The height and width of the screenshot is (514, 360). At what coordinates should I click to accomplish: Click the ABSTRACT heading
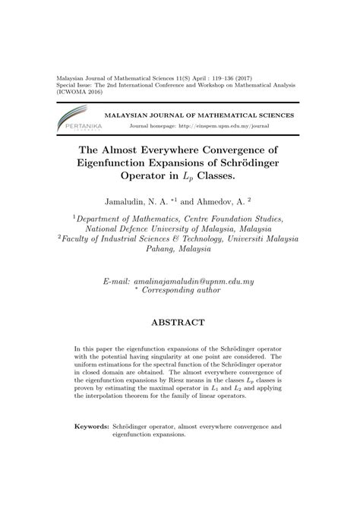point(180,323)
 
